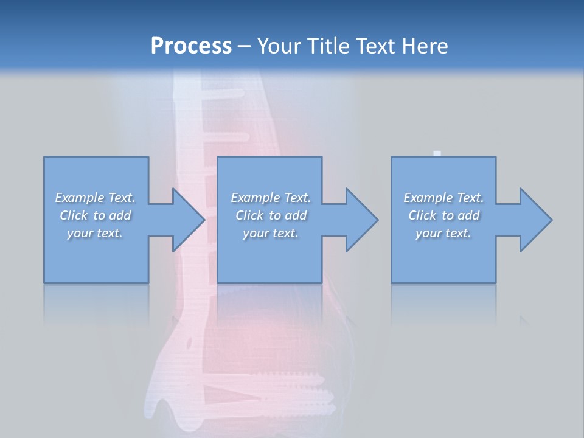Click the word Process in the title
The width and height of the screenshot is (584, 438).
coord(191,46)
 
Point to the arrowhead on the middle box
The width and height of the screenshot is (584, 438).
coord(361,220)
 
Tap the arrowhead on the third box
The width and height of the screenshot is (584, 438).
coord(535,220)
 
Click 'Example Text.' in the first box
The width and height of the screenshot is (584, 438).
coord(95,198)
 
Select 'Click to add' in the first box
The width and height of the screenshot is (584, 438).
coord(96,215)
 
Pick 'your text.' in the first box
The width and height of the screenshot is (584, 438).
coord(95,233)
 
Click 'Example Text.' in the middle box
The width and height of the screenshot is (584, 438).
coord(271,198)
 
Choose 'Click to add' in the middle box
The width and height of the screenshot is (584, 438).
coord(271,215)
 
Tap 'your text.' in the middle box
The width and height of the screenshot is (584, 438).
coord(271,233)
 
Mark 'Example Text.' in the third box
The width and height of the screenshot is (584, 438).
coord(443,198)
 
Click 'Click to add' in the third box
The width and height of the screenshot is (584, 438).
coord(443,215)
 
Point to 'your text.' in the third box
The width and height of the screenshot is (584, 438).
coord(443,233)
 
